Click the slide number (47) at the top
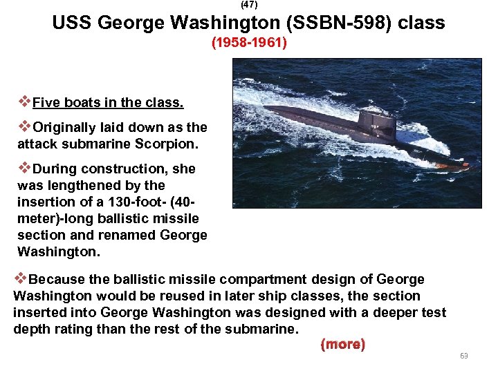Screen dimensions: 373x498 click(249, 5)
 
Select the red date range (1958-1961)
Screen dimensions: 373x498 click(249, 43)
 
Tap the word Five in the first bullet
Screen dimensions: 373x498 click(47, 103)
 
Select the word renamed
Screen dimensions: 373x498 click(132, 235)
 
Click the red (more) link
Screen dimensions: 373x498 click(342, 344)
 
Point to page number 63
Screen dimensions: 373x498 click(463, 356)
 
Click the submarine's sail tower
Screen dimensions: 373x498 click(376, 125)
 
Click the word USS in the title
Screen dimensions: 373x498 click(72, 23)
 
